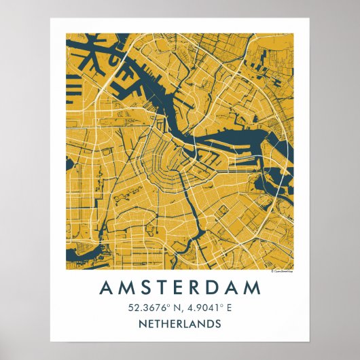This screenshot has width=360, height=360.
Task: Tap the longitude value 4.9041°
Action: point(204,308)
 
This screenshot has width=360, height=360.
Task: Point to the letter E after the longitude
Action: point(230,308)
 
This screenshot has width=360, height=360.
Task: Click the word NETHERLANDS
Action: point(180,323)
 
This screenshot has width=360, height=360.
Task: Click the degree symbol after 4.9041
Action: point(222,305)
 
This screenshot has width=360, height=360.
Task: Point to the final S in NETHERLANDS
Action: point(218,323)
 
